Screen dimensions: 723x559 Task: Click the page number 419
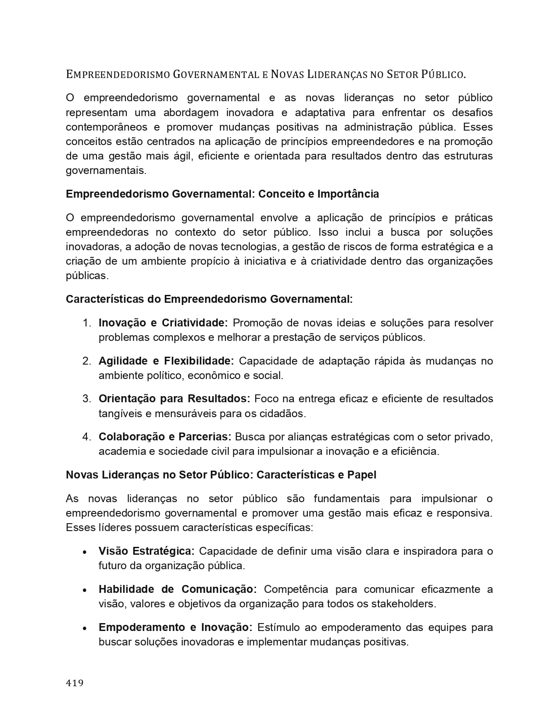pyautogui.click(x=75, y=683)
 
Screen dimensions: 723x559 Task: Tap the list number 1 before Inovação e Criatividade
pyautogui.click(x=86, y=323)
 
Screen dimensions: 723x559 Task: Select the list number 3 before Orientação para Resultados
pyautogui.click(x=86, y=399)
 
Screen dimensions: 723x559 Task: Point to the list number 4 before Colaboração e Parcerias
pyautogui.click(x=86, y=437)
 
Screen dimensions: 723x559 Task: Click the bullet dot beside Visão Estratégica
pyautogui.click(x=85, y=552)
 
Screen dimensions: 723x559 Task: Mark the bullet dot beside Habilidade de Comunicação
pyautogui.click(x=85, y=590)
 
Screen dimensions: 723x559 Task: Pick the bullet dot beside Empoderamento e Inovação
pyautogui.click(x=85, y=628)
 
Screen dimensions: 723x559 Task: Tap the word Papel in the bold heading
pyautogui.click(x=362, y=475)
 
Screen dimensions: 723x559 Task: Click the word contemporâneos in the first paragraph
pyautogui.click(x=107, y=127)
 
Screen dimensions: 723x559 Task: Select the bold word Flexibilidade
pyautogui.click(x=199, y=361)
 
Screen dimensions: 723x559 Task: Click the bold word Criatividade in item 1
pyautogui.click(x=195, y=323)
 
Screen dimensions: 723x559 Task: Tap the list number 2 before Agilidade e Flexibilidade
pyautogui.click(x=86, y=361)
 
